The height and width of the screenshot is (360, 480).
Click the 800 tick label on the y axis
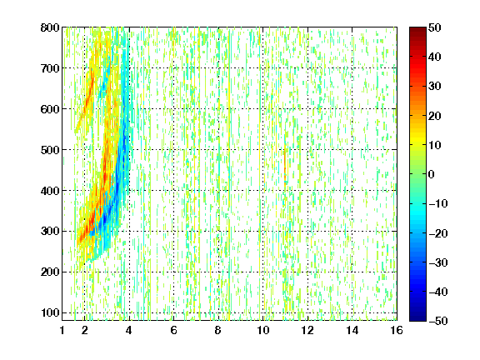50,27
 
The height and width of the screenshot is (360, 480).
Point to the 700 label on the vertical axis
50,68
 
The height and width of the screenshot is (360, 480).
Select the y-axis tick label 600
50,109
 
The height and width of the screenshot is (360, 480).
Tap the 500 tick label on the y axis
50,150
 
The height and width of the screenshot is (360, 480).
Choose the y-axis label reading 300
50,231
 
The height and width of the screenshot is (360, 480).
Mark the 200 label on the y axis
50,272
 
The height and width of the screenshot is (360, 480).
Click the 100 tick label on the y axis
50,312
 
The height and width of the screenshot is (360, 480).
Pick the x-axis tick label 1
62,330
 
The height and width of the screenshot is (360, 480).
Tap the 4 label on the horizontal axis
129,330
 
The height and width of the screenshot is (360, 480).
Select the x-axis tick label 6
173,330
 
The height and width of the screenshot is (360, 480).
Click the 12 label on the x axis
307,330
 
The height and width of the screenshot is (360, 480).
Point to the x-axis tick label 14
352,330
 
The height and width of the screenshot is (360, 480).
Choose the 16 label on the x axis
397,330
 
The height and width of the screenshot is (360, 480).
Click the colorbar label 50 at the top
434,27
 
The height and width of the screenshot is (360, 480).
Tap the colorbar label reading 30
434,87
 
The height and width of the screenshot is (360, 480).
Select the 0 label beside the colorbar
432,174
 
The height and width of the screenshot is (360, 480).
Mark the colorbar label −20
438,233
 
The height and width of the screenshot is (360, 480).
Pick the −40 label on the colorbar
438,292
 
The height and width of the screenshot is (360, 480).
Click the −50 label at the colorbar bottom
438,321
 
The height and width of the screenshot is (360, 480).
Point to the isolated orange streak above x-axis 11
285,167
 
